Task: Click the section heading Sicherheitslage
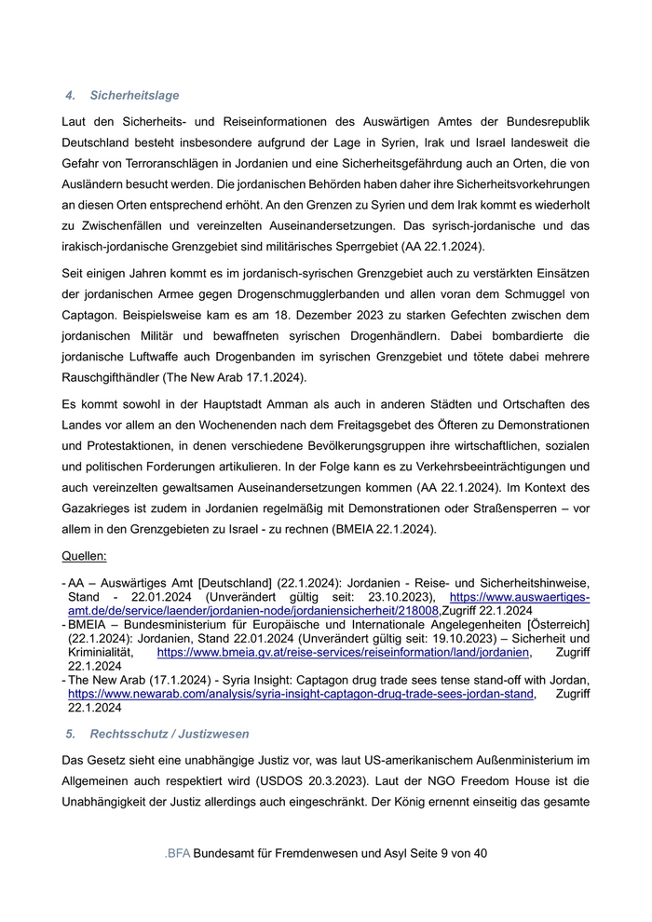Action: pyautogui.click(x=134, y=96)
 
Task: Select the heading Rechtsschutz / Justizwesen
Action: pyautogui.click(x=169, y=735)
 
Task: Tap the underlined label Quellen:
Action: pyautogui.click(x=84, y=556)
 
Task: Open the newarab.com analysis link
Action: pyautogui.click(x=301, y=694)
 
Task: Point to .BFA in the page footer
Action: pyautogui.click(x=177, y=853)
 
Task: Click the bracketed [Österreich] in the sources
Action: pyautogui.click(x=554, y=625)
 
